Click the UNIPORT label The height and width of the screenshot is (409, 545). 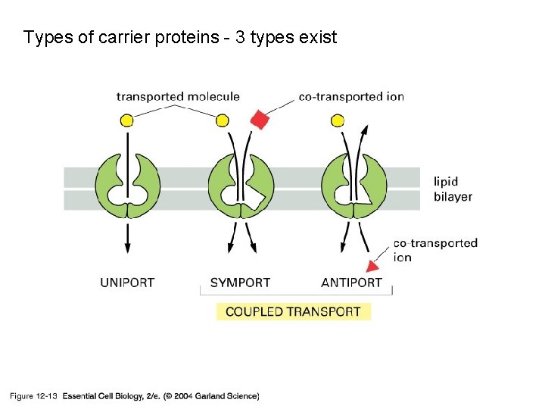(127, 283)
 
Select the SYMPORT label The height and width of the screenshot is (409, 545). (240, 283)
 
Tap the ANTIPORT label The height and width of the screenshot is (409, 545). (351, 283)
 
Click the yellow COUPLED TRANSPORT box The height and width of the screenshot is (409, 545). (294, 311)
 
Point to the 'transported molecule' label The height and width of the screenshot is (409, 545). (178, 96)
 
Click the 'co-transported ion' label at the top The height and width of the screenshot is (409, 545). (351, 96)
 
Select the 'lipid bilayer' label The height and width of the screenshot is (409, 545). (453, 189)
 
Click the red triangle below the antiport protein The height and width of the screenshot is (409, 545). (372, 265)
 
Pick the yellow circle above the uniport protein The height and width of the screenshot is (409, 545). (127, 120)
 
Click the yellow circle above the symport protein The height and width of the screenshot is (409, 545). (222, 120)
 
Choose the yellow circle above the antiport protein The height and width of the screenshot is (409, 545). (338, 120)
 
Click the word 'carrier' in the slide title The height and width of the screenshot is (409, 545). (123, 37)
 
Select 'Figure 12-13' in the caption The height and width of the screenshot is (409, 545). (33, 395)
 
